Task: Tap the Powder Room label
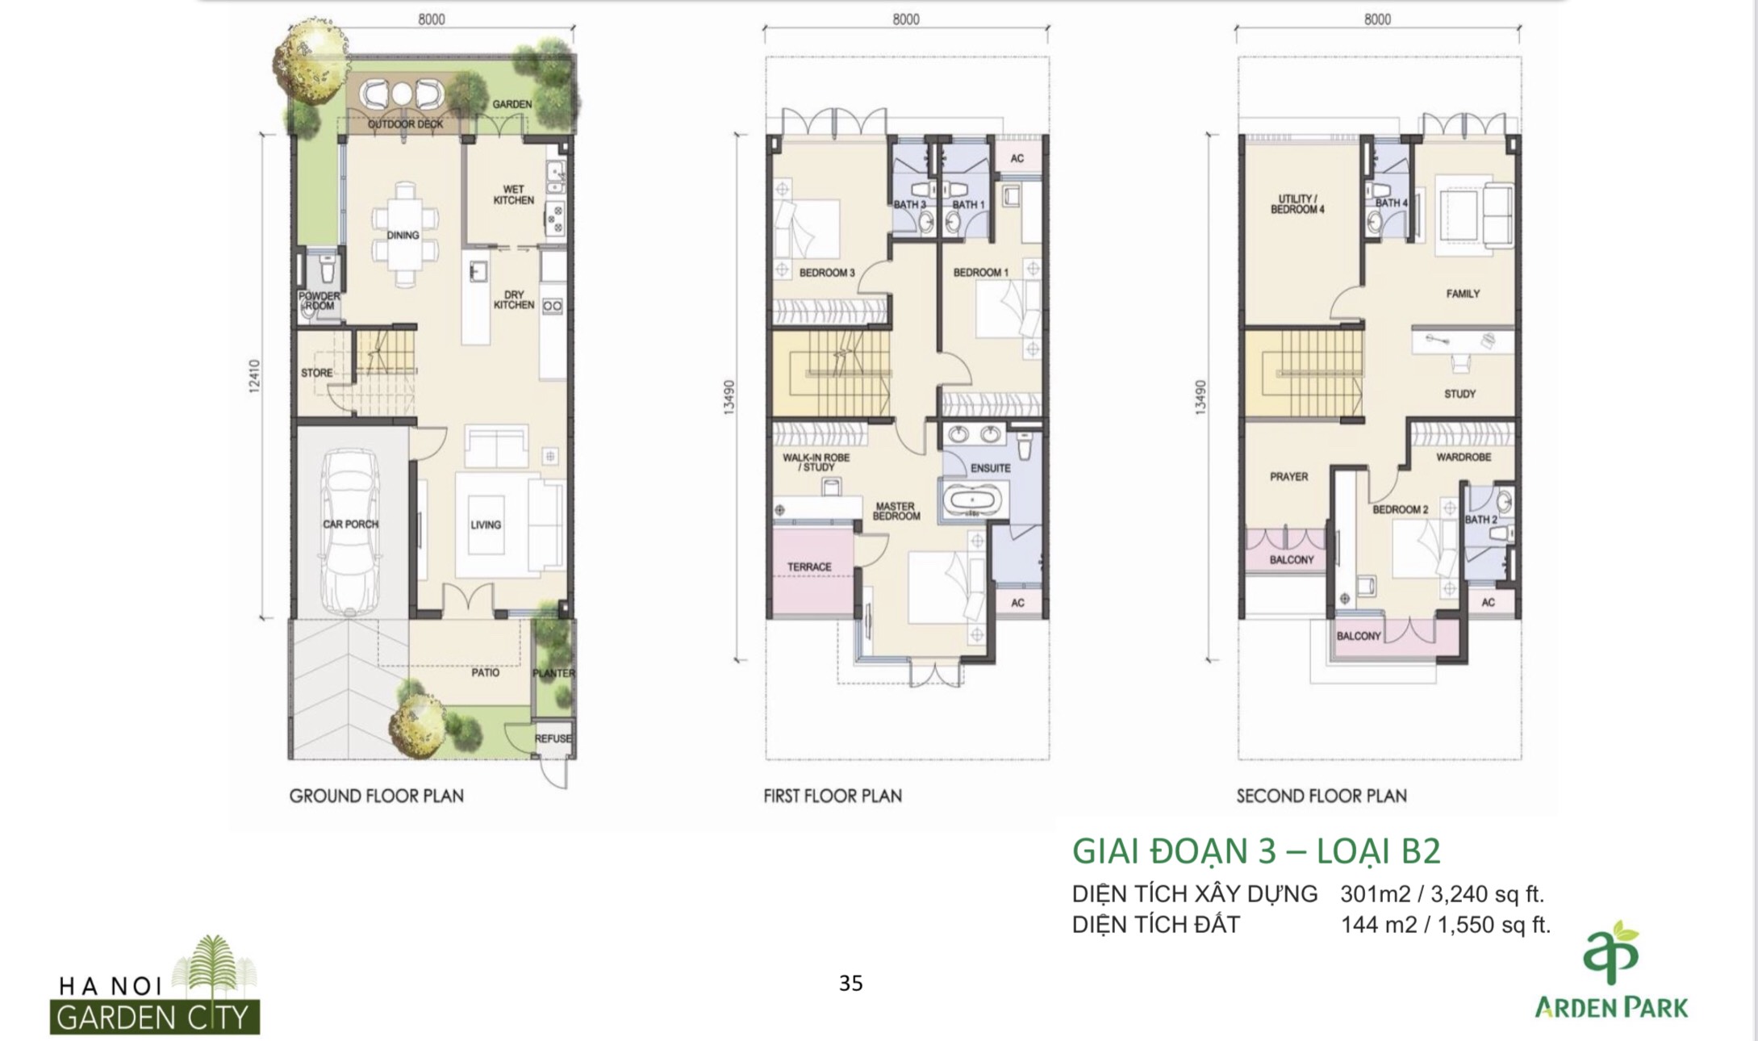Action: (x=319, y=301)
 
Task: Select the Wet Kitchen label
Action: (x=513, y=194)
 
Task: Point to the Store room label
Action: (x=316, y=373)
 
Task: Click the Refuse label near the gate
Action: (x=553, y=738)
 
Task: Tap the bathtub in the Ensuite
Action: (x=973, y=500)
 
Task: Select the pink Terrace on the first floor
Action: (x=810, y=567)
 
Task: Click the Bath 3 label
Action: (x=909, y=205)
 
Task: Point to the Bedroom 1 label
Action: (x=980, y=273)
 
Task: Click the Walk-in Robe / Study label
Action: (x=816, y=462)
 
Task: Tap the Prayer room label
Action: (x=1288, y=477)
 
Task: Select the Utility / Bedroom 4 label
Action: (x=1297, y=204)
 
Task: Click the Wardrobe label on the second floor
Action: (x=1464, y=458)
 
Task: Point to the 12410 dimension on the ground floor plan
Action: (x=255, y=376)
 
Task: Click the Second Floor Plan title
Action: (x=1322, y=796)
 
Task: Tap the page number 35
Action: (x=850, y=983)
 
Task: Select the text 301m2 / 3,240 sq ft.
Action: (x=1442, y=894)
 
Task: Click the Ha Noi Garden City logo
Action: (x=155, y=985)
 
